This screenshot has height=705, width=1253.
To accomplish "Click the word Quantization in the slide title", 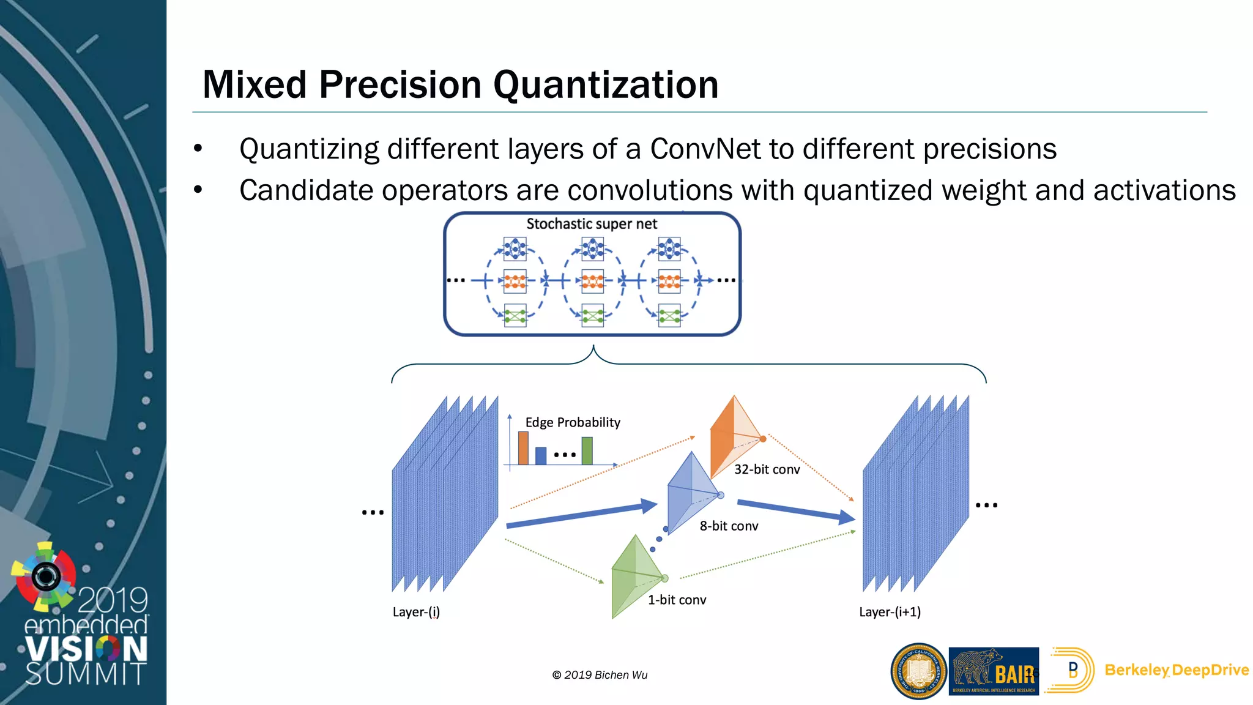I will (606, 84).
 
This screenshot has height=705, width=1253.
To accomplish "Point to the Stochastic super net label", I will (592, 224).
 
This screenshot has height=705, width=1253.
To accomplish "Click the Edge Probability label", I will (573, 422).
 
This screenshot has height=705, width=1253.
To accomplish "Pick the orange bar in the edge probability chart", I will (523, 448).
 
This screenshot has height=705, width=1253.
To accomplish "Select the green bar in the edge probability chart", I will (587, 450).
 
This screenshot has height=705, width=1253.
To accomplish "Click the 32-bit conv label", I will (767, 469).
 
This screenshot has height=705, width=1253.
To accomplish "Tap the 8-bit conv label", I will (729, 526).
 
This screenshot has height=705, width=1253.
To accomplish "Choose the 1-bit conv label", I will (677, 600).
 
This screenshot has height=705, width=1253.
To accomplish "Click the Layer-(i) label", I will (416, 612).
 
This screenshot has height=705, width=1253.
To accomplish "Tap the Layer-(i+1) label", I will (890, 612).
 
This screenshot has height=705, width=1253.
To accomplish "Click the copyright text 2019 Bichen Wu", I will (600, 675).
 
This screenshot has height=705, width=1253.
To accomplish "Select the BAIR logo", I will (994, 671).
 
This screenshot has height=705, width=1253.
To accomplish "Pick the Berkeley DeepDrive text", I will (1176, 670).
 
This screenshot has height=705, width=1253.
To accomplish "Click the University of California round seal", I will (918, 671).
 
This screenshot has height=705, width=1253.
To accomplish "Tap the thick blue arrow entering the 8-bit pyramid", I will (581, 515).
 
